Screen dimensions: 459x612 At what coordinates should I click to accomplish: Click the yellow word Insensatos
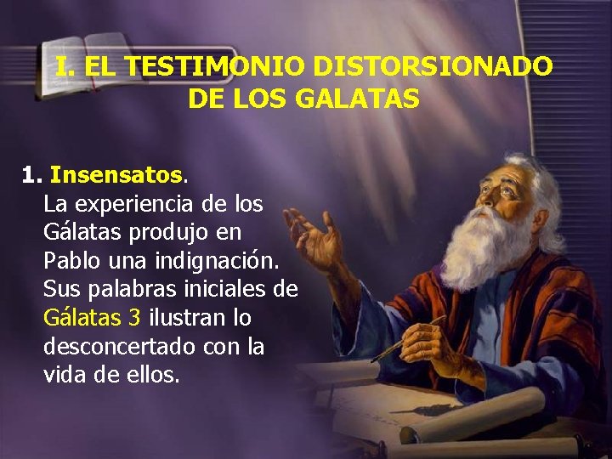(x=116, y=176)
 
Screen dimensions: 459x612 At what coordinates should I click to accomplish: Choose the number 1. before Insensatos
(x=32, y=176)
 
